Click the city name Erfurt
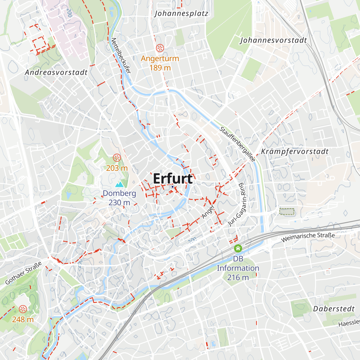[173, 178]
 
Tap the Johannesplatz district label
[181, 13]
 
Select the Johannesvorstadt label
[273, 40]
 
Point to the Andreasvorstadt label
[56, 72]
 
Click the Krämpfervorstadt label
[295, 151]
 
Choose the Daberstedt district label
[334, 309]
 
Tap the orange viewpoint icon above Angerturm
[160, 48]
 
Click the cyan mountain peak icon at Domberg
[119, 184]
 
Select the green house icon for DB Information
[238, 248]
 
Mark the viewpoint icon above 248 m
[23, 309]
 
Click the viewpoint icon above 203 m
[117, 157]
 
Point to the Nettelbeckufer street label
[121, 55]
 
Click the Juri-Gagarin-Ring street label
[237, 205]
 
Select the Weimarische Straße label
[308, 237]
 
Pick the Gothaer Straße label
[23, 273]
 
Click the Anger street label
[208, 211]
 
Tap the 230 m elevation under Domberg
[119, 202]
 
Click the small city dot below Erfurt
[172, 187]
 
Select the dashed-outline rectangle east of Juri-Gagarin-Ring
[287, 212]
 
